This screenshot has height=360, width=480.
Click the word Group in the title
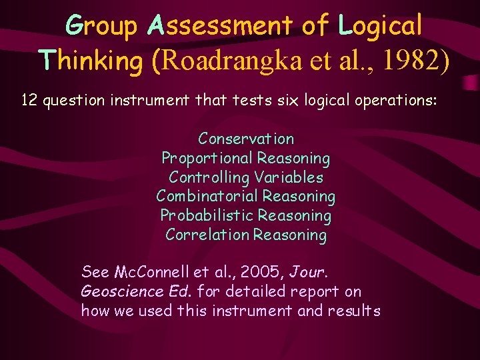coord(102,26)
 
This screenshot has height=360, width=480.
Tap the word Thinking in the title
coord(91,60)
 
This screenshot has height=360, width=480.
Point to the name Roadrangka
coord(231,60)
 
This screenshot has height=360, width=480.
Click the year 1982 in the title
coord(418,60)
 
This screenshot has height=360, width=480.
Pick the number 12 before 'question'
coord(29,101)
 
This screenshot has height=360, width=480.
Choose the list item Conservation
coord(246,139)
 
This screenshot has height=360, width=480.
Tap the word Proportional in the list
coord(207,158)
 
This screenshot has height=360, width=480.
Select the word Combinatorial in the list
coord(206,196)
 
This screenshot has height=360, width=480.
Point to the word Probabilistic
coord(206,215)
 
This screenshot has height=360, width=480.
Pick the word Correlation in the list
coord(207,235)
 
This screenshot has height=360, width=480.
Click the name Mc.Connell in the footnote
coord(151,272)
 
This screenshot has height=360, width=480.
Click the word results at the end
coord(354,311)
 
